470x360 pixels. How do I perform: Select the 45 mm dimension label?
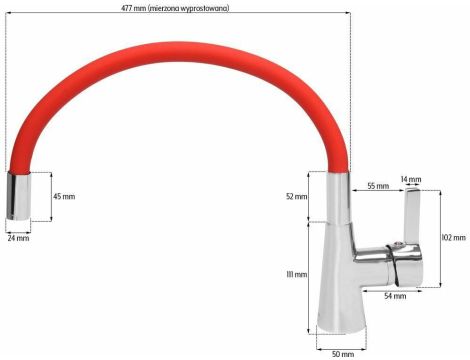pos(63,196)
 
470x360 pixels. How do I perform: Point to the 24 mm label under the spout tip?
pos(18,239)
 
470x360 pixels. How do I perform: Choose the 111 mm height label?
pos(296,274)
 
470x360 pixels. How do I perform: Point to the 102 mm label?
pos(453,237)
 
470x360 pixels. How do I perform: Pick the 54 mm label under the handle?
pos(395,296)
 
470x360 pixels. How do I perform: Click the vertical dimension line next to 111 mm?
pos(308,275)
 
